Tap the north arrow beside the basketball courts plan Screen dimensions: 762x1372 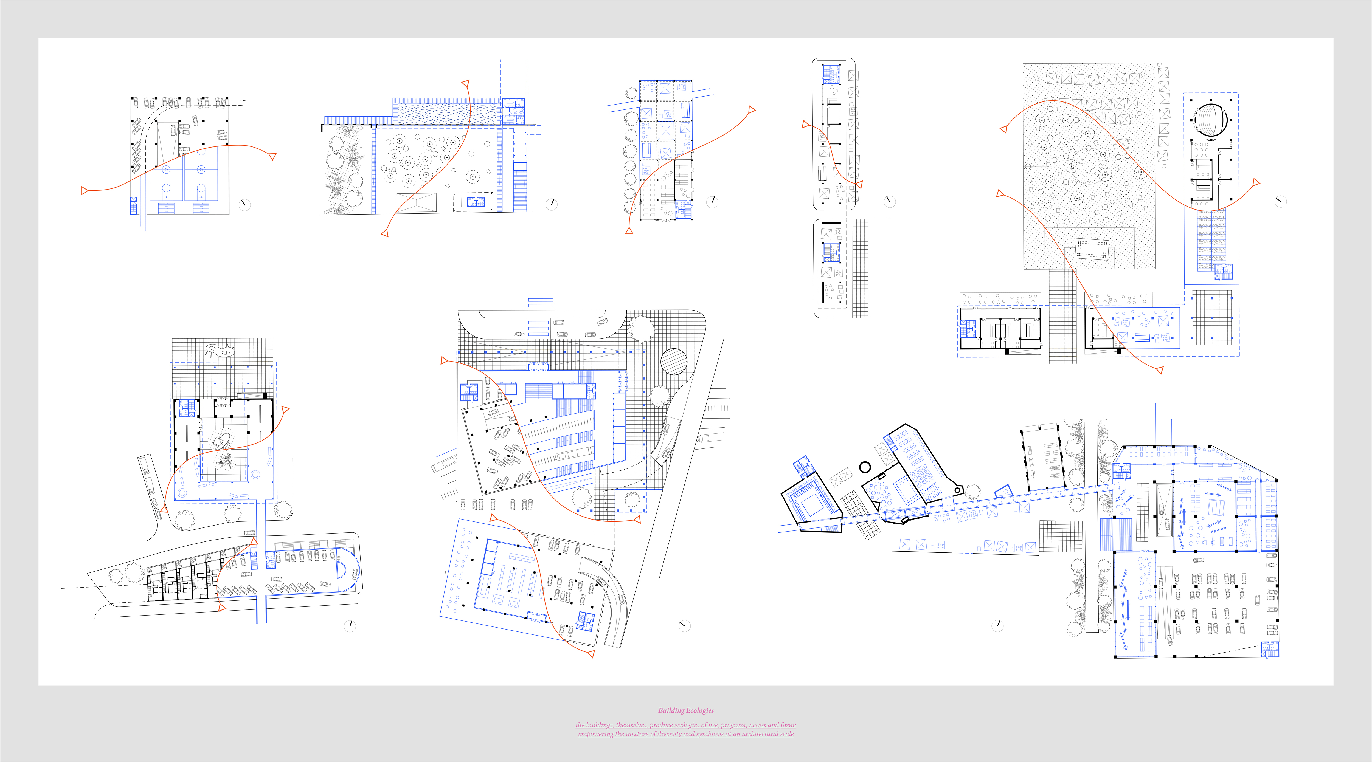click(244, 204)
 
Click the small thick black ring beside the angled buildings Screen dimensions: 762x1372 click(865, 467)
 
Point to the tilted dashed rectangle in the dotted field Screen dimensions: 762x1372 click(1092, 249)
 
